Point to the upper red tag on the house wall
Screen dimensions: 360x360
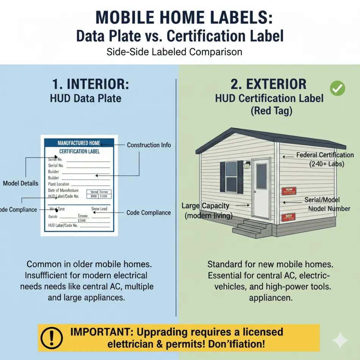(289, 191)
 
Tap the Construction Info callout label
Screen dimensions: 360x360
(149, 145)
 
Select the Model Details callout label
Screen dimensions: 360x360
(20, 183)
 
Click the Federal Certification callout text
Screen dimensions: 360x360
(325, 155)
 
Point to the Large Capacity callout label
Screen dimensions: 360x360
(205, 206)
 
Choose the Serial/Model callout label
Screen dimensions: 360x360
(322, 200)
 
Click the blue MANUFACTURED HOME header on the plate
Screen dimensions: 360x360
(79, 143)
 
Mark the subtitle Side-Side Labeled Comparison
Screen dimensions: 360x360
(174, 52)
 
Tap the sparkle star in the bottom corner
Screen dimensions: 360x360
(340, 340)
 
